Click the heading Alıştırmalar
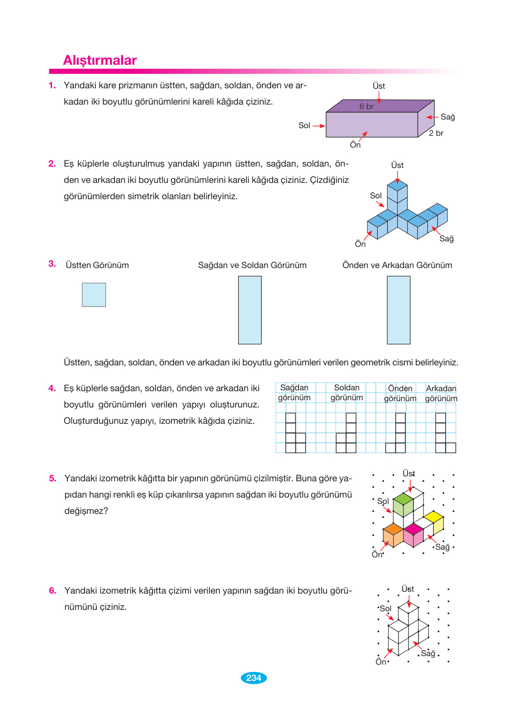coord(100,60)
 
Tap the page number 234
coord(254,678)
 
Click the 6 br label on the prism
coord(366,106)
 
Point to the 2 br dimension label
coord(436,133)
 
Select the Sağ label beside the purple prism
coord(447,117)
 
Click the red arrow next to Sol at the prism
coord(319,126)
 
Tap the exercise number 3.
coord(52,264)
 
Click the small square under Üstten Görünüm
coord(94,295)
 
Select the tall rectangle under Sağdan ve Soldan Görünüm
coord(250,310)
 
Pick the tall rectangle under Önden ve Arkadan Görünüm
coord(399,310)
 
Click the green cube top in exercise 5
coord(403,499)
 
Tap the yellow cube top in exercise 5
coord(433,517)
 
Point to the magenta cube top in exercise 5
coord(413,529)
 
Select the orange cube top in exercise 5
coord(393,529)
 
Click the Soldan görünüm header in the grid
coord(347,393)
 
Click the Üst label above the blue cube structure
coord(397,165)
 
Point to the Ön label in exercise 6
coord(381,662)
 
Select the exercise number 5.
coord(52,479)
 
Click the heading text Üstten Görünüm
coord(97,265)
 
